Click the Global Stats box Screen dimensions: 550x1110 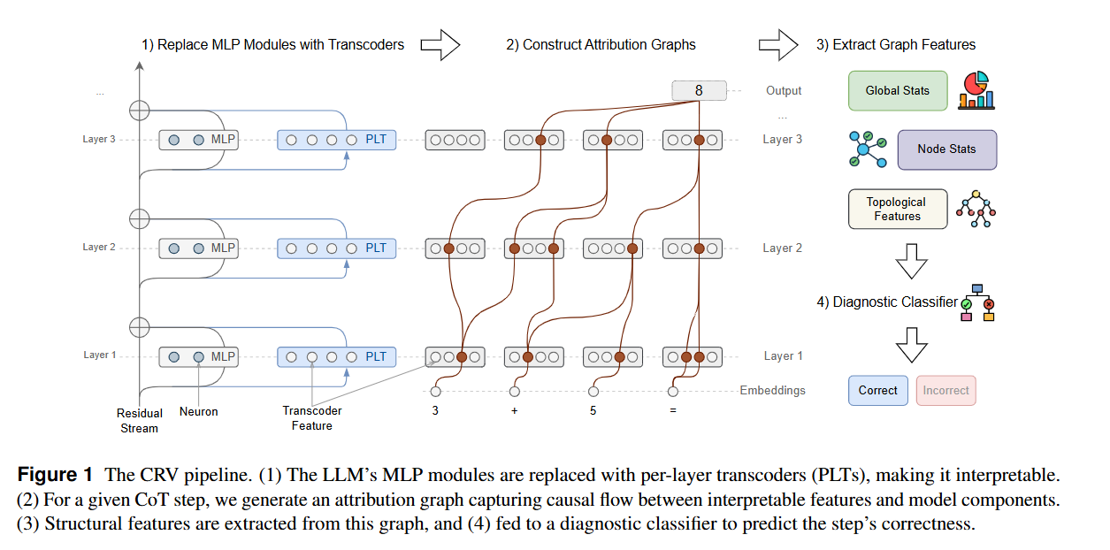[x=898, y=91]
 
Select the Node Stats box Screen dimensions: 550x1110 [x=946, y=149]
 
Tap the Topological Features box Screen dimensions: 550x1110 [x=898, y=210]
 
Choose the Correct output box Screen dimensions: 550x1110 [x=877, y=390]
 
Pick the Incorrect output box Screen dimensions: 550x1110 [x=945, y=390]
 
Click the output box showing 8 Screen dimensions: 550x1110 [x=699, y=90]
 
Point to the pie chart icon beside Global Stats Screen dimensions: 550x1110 [x=976, y=90]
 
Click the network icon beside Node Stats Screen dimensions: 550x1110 [x=866, y=149]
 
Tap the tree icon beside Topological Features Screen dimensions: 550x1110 [x=976, y=210]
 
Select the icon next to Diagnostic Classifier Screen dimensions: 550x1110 [x=977, y=302]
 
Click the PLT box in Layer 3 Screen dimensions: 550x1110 [x=337, y=140]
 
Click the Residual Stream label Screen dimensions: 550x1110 [x=139, y=421]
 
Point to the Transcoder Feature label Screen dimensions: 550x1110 [x=311, y=418]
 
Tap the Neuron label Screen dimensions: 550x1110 [x=198, y=412]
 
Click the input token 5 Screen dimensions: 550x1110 [x=593, y=411]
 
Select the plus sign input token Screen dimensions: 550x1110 [x=514, y=411]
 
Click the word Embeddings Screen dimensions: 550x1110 [x=772, y=390]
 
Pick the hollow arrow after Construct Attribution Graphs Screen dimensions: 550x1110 [x=778, y=44]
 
